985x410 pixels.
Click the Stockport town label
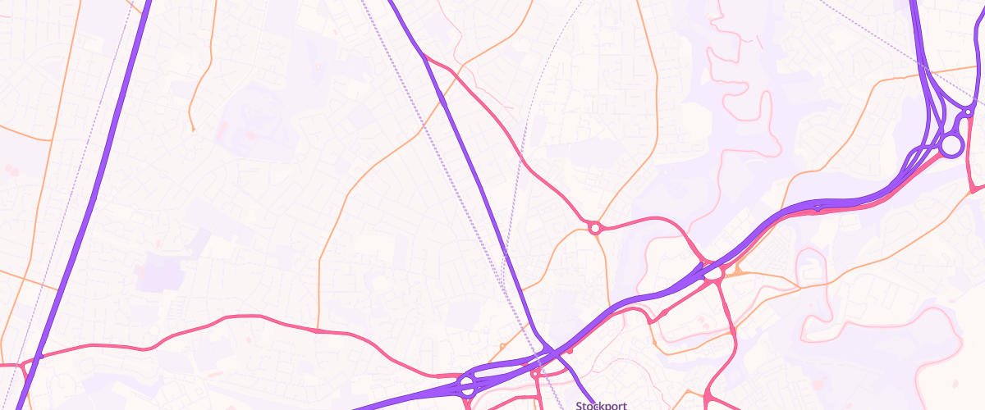(602, 405)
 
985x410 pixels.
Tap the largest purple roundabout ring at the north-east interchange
(951, 146)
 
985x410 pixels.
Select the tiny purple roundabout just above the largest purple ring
(969, 111)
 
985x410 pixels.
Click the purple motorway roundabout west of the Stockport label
(468, 385)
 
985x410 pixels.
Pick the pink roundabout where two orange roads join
(593, 226)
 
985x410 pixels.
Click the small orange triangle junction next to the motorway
(737, 268)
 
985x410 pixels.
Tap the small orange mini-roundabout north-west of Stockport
(502, 346)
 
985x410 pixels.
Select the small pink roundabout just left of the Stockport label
(535, 375)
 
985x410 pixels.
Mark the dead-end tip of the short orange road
(192, 130)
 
